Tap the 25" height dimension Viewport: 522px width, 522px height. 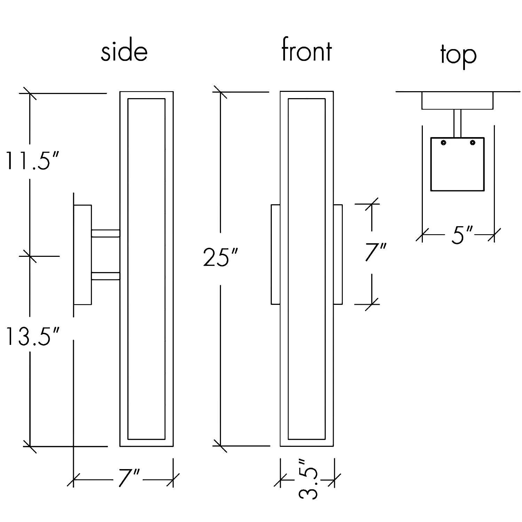(x=220, y=258)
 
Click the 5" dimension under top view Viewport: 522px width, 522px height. (x=462, y=236)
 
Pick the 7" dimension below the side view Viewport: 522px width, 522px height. (x=128, y=479)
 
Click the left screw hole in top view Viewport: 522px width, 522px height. (x=444, y=143)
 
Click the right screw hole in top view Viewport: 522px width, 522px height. (x=472, y=143)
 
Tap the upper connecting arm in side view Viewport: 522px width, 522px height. (x=105, y=234)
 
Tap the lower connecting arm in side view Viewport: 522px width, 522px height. (x=105, y=276)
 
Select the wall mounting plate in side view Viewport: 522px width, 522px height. (x=82, y=255)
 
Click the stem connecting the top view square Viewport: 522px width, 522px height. (x=457, y=123)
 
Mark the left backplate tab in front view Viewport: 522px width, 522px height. (x=276, y=254)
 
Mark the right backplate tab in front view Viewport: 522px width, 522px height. (x=338, y=254)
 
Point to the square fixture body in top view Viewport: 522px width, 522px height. (x=457, y=167)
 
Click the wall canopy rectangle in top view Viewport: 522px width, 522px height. (x=457, y=101)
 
